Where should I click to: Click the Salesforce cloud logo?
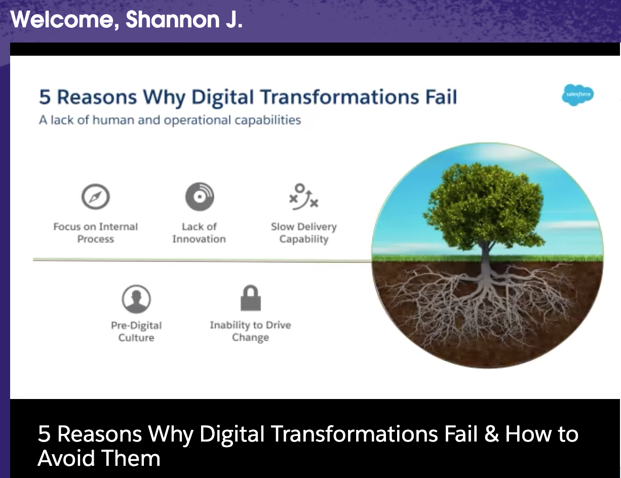577,95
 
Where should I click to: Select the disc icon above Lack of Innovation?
200,196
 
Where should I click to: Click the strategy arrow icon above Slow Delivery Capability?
303,196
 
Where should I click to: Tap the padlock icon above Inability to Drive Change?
251,298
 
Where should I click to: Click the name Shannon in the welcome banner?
172,20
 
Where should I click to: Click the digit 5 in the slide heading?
45,97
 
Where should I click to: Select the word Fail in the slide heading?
441,97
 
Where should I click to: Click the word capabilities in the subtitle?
268,120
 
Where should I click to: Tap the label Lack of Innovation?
199,233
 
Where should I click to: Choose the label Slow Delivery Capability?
304,233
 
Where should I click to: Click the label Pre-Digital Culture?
136,331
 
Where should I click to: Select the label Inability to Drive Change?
251,331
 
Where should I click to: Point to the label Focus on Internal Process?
95,233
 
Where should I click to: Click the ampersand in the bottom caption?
491,434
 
